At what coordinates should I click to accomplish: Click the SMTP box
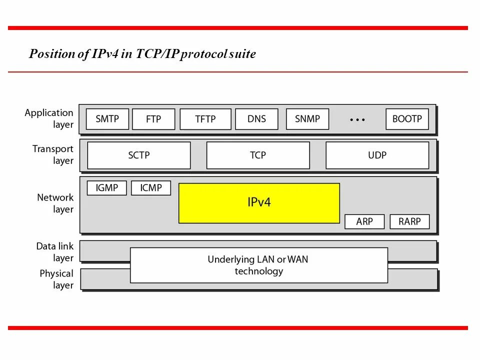tap(107, 119)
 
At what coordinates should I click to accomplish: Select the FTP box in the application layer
tap(153, 119)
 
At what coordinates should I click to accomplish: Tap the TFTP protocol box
tap(205, 119)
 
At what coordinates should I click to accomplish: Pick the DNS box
tap(256, 119)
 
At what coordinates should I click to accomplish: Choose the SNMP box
tap(307, 119)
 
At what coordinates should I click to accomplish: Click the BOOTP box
tap(407, 119)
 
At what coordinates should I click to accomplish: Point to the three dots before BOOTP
tap(357, 120)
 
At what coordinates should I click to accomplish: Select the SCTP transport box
tap(139, 155)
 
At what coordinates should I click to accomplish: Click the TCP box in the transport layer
tap(258, 155)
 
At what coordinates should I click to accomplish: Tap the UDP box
tap(377, 155)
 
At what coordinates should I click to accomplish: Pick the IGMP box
tap(106, 188)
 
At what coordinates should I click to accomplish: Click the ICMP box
tap(151, 188)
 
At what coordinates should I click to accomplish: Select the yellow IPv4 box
tap(259, 202)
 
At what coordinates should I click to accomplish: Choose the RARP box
tap(409, 221)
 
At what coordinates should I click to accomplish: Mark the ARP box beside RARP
tap(364, 221)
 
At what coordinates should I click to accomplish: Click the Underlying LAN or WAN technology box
tap(258, 265)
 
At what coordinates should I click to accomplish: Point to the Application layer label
tap(49, 118)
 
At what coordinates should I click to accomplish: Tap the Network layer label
tap(55, 203)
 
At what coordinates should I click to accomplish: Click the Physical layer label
tap(56, 279)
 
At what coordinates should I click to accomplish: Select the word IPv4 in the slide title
tap(104, 54)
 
